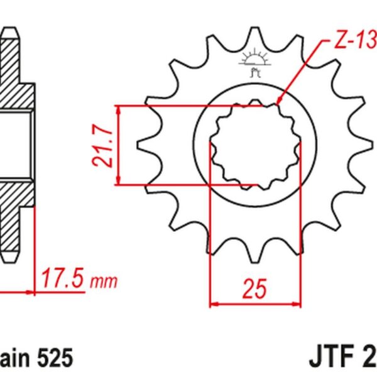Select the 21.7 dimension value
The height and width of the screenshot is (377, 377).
tap(102, 145)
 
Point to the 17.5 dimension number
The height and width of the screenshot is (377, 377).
tap(62, 278)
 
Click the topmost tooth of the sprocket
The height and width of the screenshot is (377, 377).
tap(254, 35)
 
